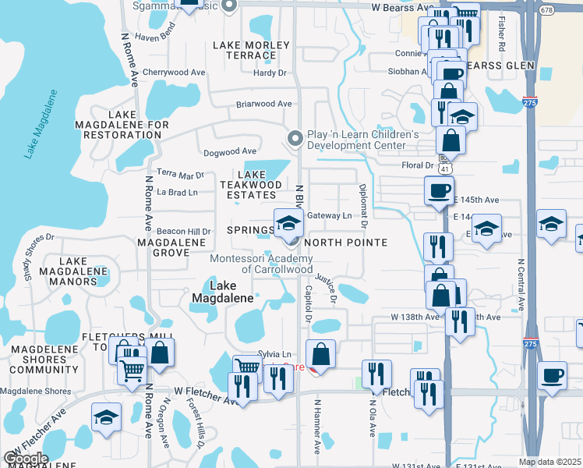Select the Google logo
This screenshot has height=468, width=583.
point(26,459)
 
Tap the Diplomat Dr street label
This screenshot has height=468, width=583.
point(363,207)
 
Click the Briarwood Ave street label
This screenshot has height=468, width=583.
point(264,104)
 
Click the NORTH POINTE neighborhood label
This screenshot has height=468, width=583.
point(345,243)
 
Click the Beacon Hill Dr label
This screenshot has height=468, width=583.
point(184,232)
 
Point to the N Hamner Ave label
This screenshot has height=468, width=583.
point(317,427)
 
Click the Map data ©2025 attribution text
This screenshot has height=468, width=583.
point(550,462)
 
